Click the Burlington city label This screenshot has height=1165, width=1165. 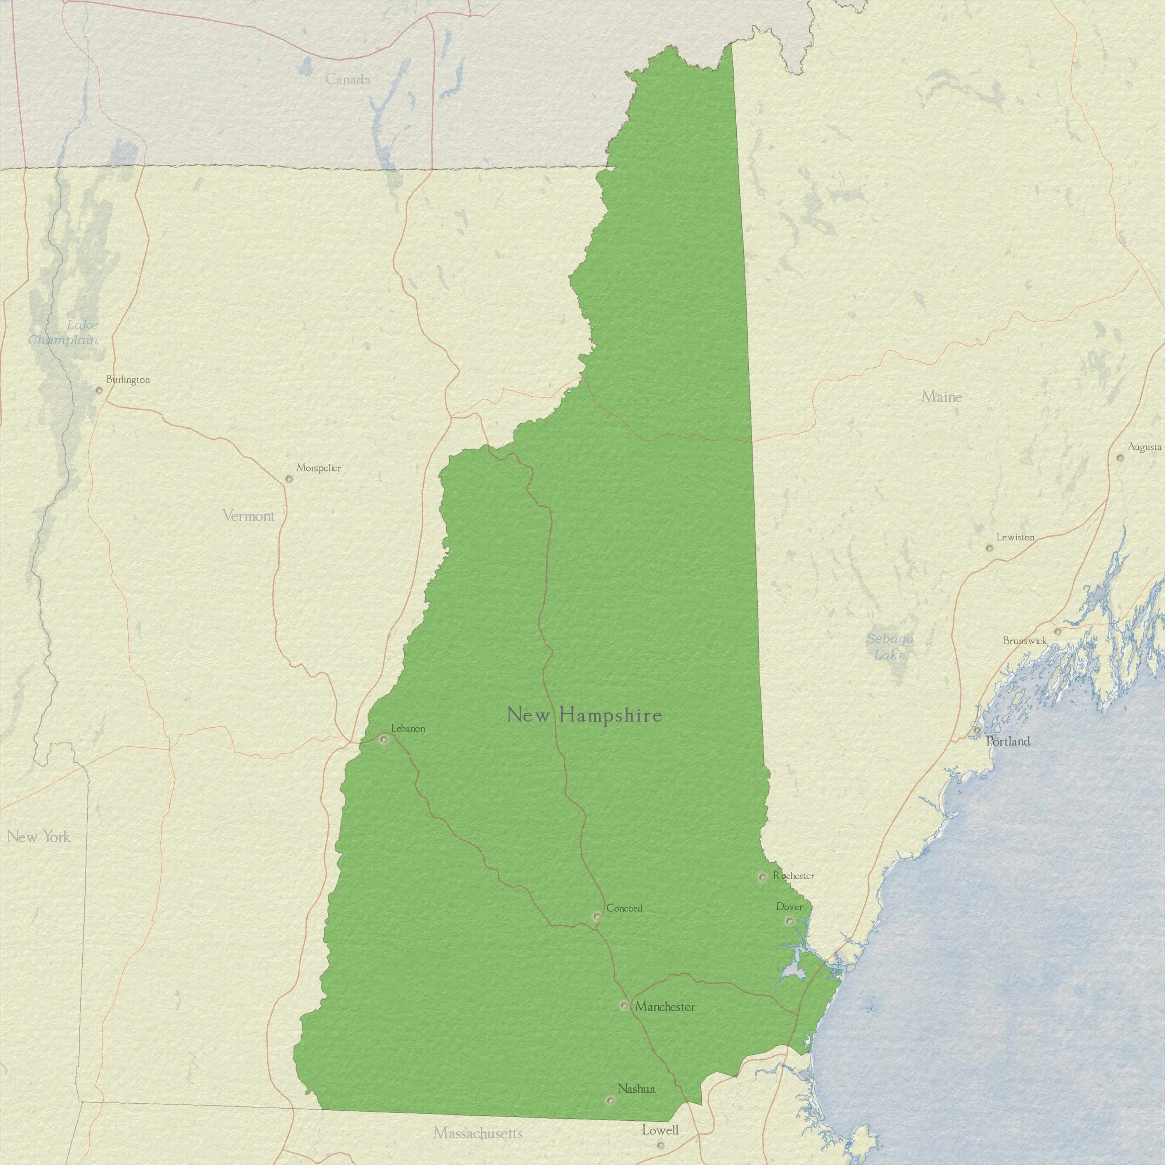click(128, 380)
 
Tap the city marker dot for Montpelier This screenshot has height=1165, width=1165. click(289, 479)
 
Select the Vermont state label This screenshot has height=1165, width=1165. click(249, 516)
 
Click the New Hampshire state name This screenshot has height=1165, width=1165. click(584, 715)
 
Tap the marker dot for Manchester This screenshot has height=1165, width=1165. click(624, 1005)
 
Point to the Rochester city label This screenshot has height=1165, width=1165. click(793, 876)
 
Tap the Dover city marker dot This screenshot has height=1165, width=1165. click(789, 921)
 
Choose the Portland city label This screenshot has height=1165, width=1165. click(1008, 741)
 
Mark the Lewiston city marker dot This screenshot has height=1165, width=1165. click(989, 548)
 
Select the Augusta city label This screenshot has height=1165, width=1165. click(1144, 447)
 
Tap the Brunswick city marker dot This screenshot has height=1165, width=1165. click(1058, 631)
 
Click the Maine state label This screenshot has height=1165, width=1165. click(942, 397)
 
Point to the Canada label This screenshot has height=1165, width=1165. click(348, 79)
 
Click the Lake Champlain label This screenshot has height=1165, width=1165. click(63, 332)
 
